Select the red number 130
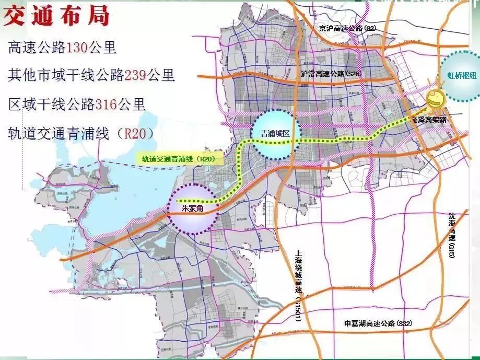[x=75, y=48]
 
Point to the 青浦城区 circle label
[x=274, y=134]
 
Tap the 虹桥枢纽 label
[x=458, y=76]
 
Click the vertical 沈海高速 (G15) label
[x=452, y=235]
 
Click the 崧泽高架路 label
[x=429, y=120]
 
